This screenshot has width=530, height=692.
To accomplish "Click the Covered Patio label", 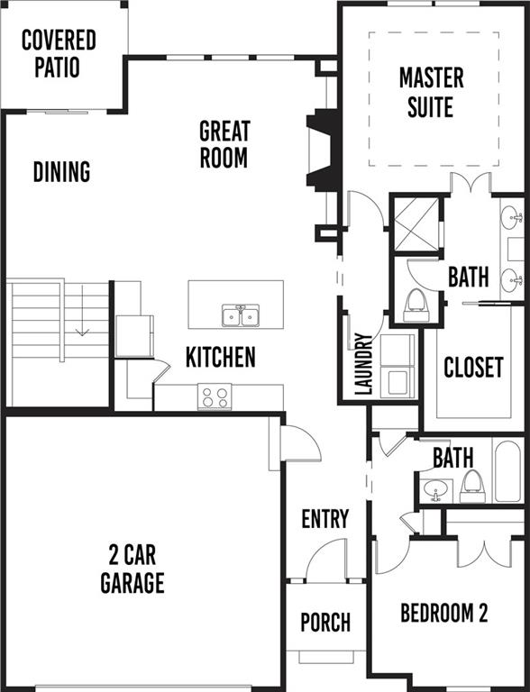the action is pyautogui.click(x=59, y=53).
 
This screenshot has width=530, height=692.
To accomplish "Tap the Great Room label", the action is pyautogui.click(x=224, y=144).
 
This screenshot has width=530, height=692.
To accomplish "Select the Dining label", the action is pyautogui.click(x=62, y=172).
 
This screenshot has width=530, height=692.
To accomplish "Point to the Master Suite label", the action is pyautogui.click(x=431, y=92).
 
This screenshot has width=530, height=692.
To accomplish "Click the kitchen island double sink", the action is pyautogui.click(x=241, y=315).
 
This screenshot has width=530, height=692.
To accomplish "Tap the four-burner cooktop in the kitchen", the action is pyautogui.click(x=215, y=396).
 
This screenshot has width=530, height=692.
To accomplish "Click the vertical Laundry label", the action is pyautogui.click(x=364, y=364).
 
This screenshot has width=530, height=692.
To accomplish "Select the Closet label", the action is pyautogui.click(x=473, y=368).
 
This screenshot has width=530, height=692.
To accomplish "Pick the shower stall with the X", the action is pyautogui.click(x=416, y=224).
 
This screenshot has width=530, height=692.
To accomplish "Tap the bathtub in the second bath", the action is pyautogui.click(x=507, y=471).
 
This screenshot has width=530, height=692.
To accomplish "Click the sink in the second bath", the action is pyautogui.click(x=436, y=490).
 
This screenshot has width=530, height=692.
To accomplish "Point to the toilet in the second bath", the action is pyautogui.click(x=472, y=487).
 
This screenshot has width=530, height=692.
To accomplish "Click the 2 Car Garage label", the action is pyautogui.click(x=132, y=569).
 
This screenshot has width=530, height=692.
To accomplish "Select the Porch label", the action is pyautogui.click(x=325, y=623).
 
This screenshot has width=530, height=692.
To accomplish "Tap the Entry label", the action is pyautogui.click(x=325, y=519).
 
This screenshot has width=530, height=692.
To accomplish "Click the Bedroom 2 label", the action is pyautogui.click(x=444, y=613).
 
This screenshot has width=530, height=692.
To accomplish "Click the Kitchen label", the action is pyautogui.click(x=221, y=357).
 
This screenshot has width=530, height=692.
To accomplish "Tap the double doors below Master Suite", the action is pyautogui.click(x=471, y=184).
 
